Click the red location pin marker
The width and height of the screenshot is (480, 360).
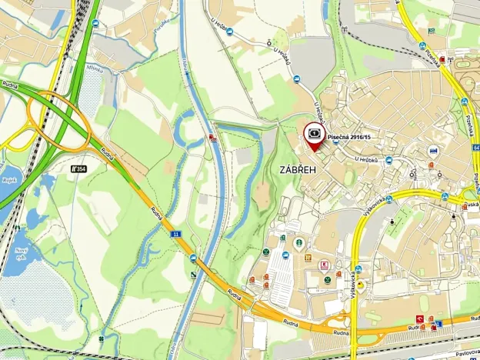pyautogui.click(x=314, y=135)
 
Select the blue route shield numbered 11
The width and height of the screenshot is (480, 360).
pyautogui.click(x=175, y=233)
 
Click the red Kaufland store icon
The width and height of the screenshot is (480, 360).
pyautogui.click(x=323, y=265)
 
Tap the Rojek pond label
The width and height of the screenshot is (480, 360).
pyautogui.click(x=9, y=182)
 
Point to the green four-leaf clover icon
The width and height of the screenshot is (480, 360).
pyautogui.click(x=102, y=338)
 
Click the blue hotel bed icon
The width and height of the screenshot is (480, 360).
pyautogui.click(x=435, y=150)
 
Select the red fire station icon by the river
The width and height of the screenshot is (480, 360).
pyautogui.click(x=211, y=138)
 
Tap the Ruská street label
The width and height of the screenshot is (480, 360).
pyautogui.click(x=471, y=205)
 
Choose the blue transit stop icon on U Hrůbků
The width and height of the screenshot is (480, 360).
pyautogui.click(x=388, y=161)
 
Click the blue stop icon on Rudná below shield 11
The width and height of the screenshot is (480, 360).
pyautogui.click(x=193, y=258)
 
